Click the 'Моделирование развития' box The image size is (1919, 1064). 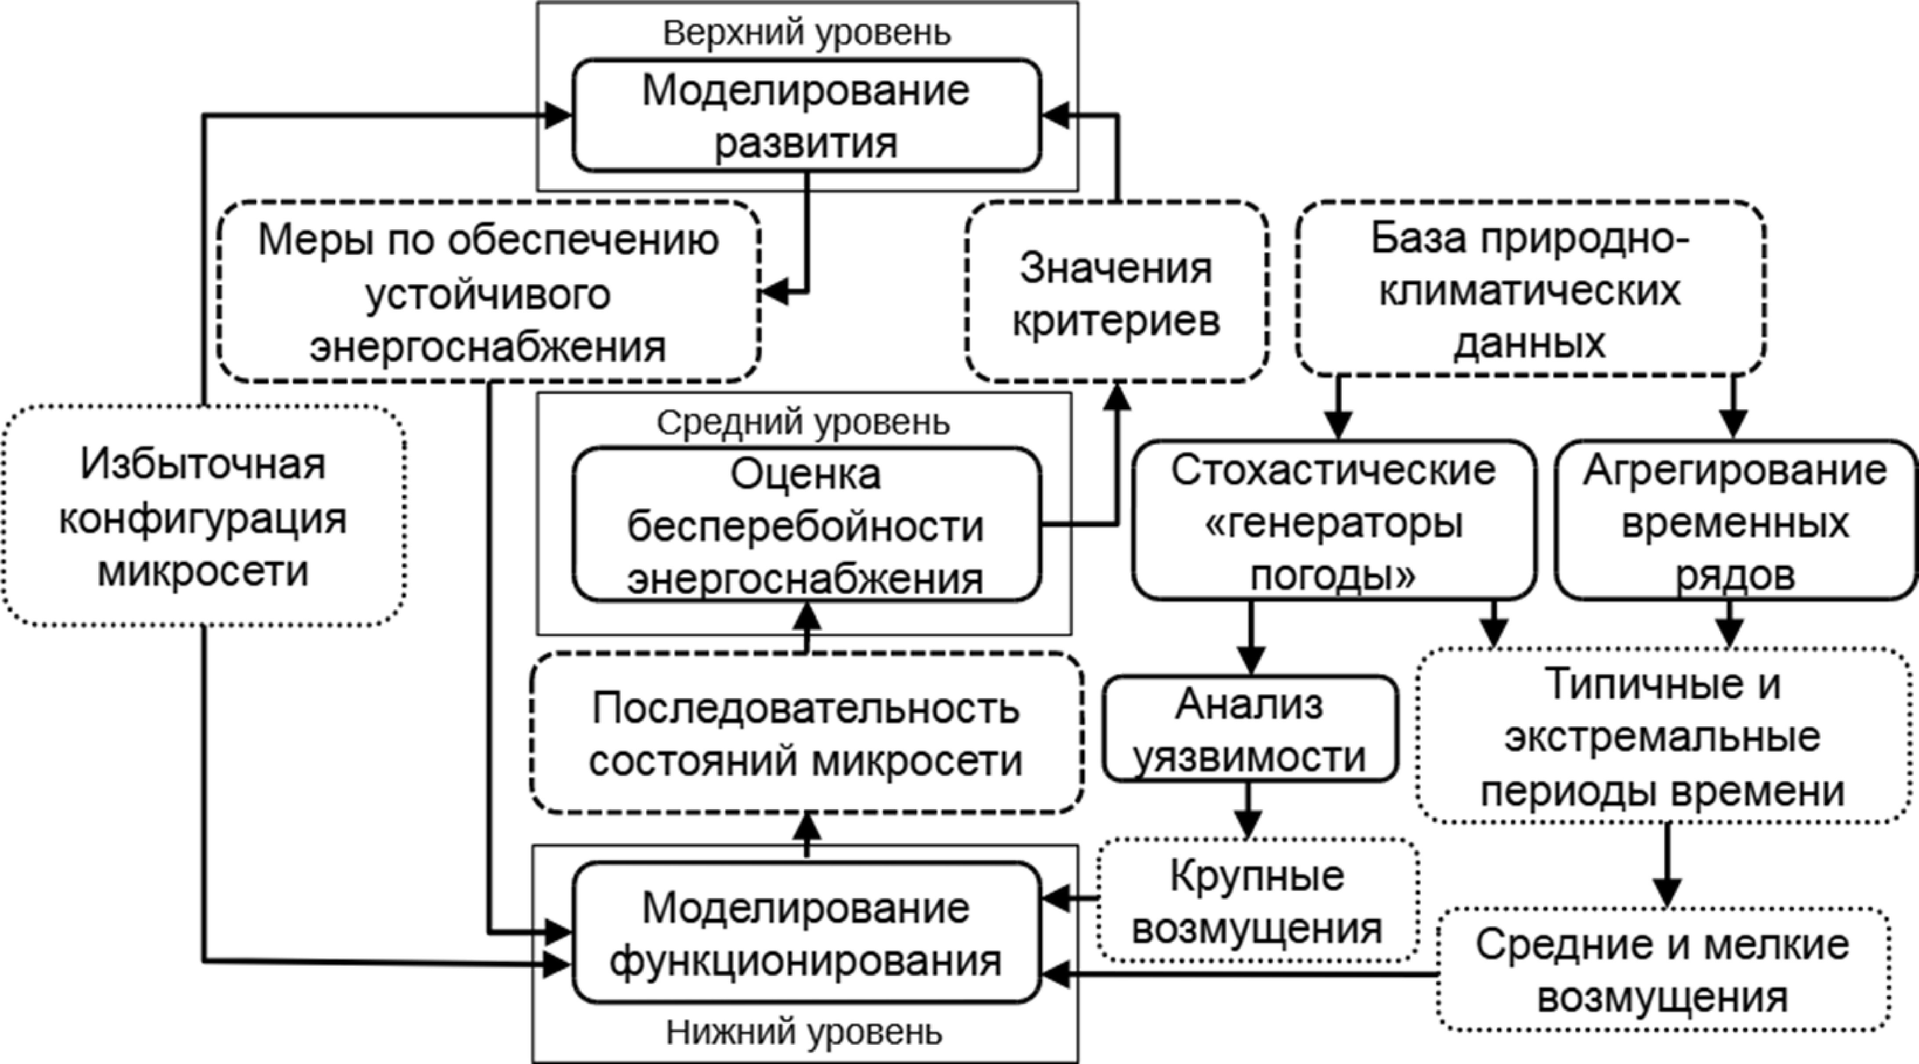tap(806, 116)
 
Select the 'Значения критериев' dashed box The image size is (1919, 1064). tap(1116, 293)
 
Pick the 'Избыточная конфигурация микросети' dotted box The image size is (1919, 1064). tap(203, 516)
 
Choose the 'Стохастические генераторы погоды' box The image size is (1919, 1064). tap(1333, 520)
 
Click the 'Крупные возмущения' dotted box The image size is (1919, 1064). tap(1257, 901)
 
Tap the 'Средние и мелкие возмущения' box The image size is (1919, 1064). tap(1663, 970)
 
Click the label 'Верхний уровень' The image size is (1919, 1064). tap(807, 33)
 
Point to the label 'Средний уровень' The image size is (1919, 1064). tap(803, 423)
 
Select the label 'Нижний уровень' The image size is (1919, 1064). tap(804, 1033)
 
